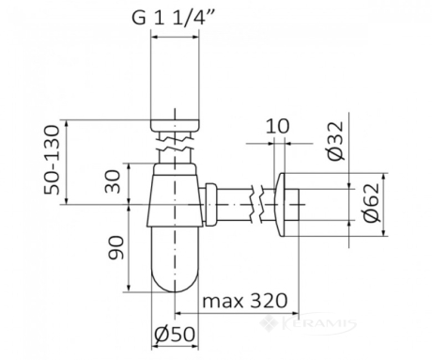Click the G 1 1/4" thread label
coord(173,18)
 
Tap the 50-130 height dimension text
coord(52,160)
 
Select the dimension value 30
coord(113,181)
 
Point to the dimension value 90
coord(116,247)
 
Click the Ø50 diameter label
coord(175,335)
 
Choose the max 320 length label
coord(245,301)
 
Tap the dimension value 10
coord(278,126)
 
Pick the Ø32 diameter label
coord(336,141)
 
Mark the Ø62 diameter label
coord(372,202)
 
